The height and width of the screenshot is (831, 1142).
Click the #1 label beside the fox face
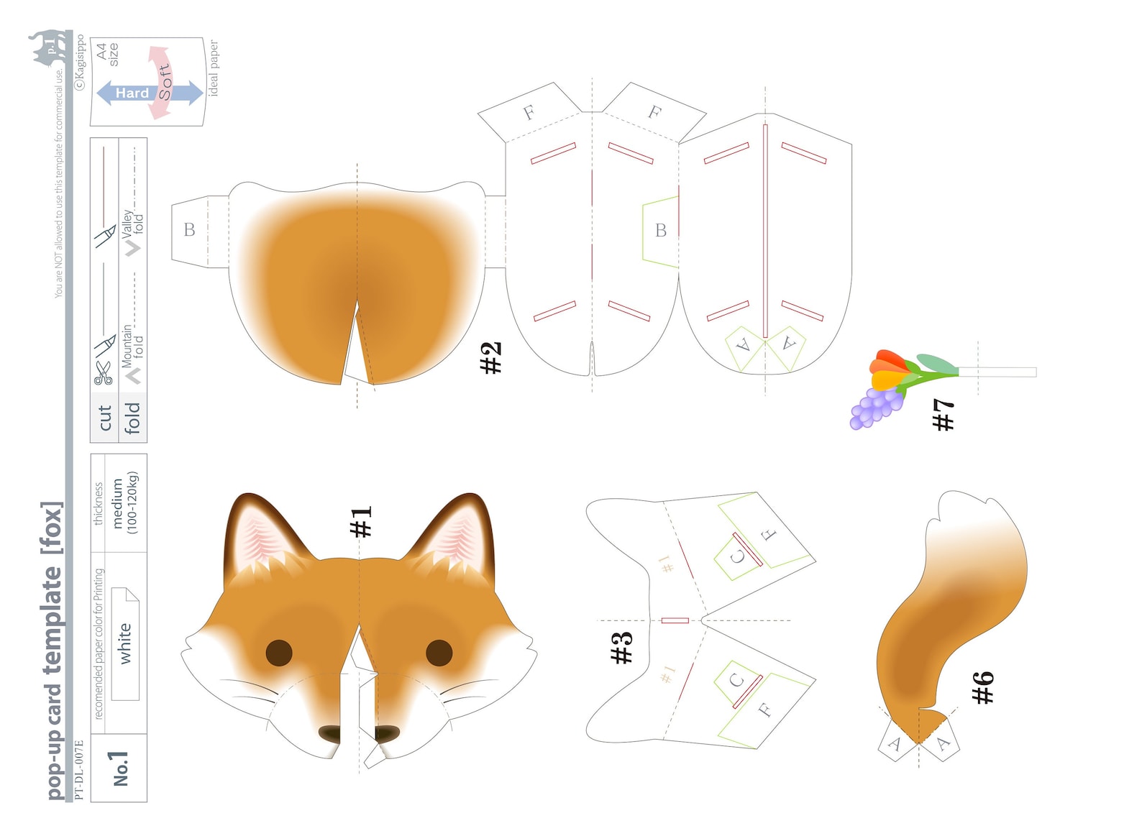click(x=361, y=522)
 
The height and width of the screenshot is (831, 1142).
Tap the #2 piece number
click(x=490, y=357)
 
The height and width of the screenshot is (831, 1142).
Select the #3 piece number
click(x=621, y=647)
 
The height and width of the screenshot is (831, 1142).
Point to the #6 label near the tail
click(x=982, y=687)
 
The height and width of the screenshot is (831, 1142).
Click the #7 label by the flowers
click(x=943, y=415)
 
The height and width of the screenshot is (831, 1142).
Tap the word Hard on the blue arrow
click(x=132, y=93)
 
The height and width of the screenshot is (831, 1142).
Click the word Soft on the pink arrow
click(x=165, y=82)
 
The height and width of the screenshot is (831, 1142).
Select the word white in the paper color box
click(x=125, y=643)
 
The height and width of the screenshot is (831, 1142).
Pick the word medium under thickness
click(x=118, y=503)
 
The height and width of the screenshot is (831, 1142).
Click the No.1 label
click(x=119, y=768)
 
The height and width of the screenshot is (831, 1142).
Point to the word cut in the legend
click(x=105, y=418)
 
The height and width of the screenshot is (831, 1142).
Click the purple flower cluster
click(x=874, y=408)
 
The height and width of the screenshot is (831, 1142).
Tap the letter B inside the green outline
click(x=660, y=231)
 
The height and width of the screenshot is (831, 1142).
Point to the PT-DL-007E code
click(x=78, y=769)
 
